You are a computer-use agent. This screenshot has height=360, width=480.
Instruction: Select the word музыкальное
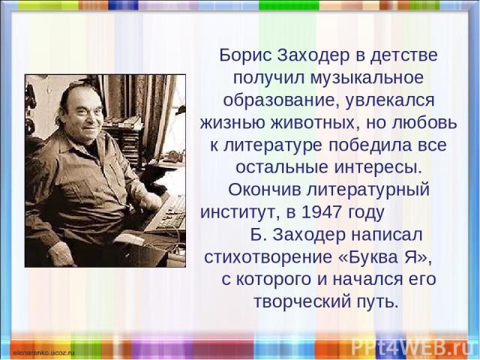(367, 78)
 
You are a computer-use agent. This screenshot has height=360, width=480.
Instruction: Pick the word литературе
(273, 145)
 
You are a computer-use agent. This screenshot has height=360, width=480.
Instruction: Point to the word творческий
(302, 301)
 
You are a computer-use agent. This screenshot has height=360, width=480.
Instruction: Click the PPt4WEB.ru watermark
(409, 347)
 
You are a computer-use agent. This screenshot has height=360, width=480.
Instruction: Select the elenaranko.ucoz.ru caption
(43, 352)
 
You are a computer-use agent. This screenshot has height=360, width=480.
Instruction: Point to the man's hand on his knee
(61, 253)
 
